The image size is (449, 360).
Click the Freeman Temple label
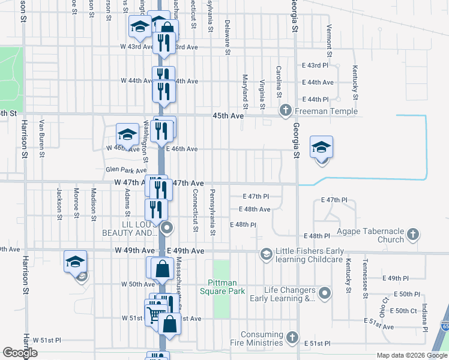click(x=327, y=111)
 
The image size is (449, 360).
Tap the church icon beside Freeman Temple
click(x=286, y=110)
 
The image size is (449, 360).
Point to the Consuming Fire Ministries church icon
click(x=292, y=337)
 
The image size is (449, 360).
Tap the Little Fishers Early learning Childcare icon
click(x=265, y=255)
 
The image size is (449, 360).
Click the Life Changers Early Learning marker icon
click(x=325, y=293)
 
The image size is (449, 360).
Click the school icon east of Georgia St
click(x=321, y=146)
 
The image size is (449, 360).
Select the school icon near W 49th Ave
click(x=76, y=261)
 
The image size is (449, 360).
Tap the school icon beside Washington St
click(x=127, y=134)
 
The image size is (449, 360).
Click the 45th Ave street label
click(x=228, y=116)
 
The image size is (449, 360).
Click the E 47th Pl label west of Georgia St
click(x=256, y=196)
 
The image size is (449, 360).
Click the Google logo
click(x=20, y=353)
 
